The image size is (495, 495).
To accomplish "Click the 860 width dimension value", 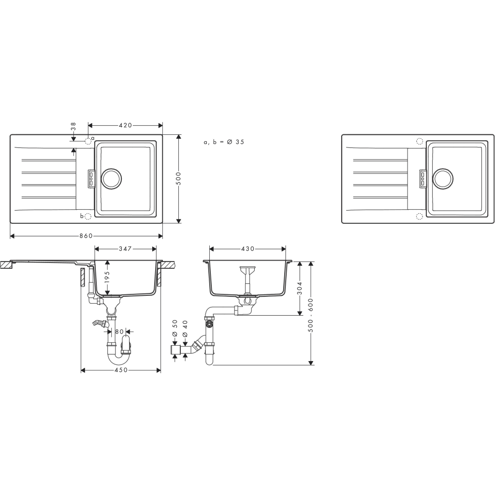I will [x=86, y=236].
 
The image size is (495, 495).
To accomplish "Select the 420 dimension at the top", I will [x=125, y=125].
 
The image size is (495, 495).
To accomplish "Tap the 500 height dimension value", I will [x=178, y=178].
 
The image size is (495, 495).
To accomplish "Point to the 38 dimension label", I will [x=73, y=127].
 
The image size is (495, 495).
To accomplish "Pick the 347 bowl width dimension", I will [x=125, y=248].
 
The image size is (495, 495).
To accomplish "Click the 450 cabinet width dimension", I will [x=120, y=370].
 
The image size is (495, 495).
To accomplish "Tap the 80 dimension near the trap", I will [x=119, y=332].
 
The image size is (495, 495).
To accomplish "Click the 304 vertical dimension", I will [x=300, y=288].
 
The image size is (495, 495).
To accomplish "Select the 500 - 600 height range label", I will [x=311, y=314].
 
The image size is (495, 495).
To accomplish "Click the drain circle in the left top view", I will [x=111, y=178].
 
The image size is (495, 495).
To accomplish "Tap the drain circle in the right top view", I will [x=443, y=178].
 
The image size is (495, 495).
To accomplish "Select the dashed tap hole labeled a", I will [x=88, y=141].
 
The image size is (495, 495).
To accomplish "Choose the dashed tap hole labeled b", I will [x=87, y=216].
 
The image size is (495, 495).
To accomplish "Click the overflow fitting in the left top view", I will [x=91, y=178].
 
